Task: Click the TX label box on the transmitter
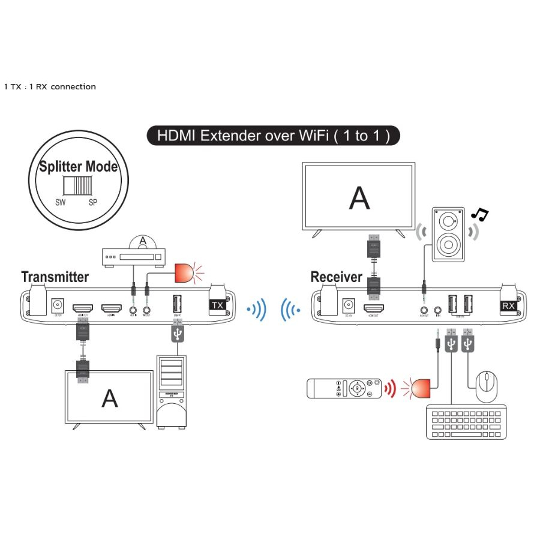tap(218, 305)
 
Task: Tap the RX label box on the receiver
tap(508, 305)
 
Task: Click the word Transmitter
tap(55, 277)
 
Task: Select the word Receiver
tap(336, 277)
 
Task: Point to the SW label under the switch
tap(60, 202)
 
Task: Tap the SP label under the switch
tap(93, 202)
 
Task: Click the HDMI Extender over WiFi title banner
tap(274, 136)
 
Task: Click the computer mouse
tap(487, 386)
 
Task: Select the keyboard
tap(466, 424)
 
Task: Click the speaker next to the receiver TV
tap(448, 234)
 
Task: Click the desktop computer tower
tap(172, 391)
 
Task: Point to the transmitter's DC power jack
tap(58, 306)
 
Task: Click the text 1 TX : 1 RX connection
tap(50, 86)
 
